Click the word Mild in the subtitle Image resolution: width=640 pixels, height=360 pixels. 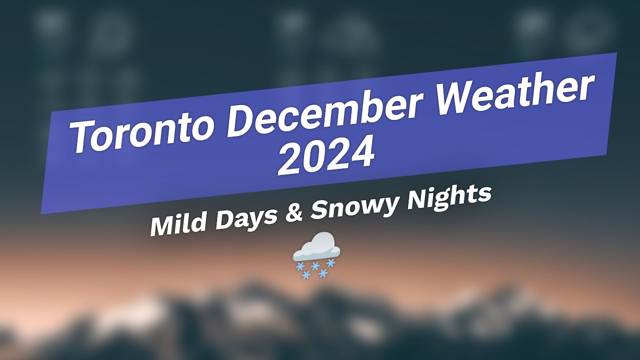tap(175, 223)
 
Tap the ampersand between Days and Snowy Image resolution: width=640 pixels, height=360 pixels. tap(293, 209)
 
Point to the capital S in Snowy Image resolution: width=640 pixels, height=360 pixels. tap(319, 208)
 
